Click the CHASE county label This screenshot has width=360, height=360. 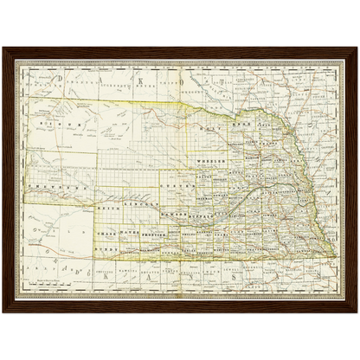(108, 234)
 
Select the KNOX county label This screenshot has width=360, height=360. (237, 125)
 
